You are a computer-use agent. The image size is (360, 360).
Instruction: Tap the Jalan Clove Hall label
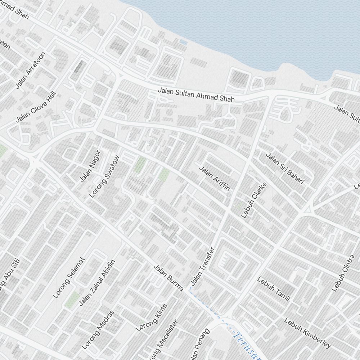(x=36, y=107)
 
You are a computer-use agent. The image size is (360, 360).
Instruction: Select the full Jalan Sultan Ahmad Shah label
(x=196, y=94)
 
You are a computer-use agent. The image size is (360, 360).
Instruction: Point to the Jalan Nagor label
(x=90, y=166)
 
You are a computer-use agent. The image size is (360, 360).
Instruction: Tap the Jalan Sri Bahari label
(x=285, y=168)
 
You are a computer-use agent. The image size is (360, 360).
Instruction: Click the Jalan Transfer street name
(x=202, y=266)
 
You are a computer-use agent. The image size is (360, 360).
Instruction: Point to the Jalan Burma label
(x=168, y=278)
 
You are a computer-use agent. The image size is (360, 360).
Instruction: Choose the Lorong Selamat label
(x=69, y=278)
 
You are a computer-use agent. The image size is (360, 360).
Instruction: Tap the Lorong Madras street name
(x=98, y=330)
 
